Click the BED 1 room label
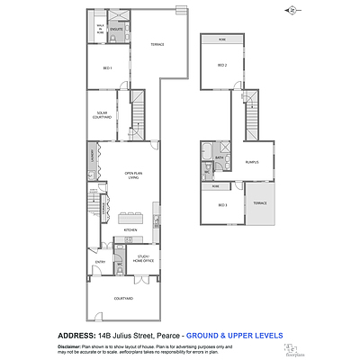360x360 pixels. click(x=106, y=68)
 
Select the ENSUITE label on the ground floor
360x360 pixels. click(x=116, y=30)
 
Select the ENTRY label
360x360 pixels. click(x=100, y=262)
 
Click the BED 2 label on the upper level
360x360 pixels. click(x=221, y=66)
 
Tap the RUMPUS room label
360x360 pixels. click(x=252, y=162)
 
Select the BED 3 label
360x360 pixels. click(x=221, y=205)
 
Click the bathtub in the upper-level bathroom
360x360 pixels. click(x=209, y=150)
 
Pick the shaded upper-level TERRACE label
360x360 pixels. click(x=259, y=202)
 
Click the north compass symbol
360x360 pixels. click(x=292, y=10)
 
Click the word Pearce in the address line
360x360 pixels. click(x=168, y=335)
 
